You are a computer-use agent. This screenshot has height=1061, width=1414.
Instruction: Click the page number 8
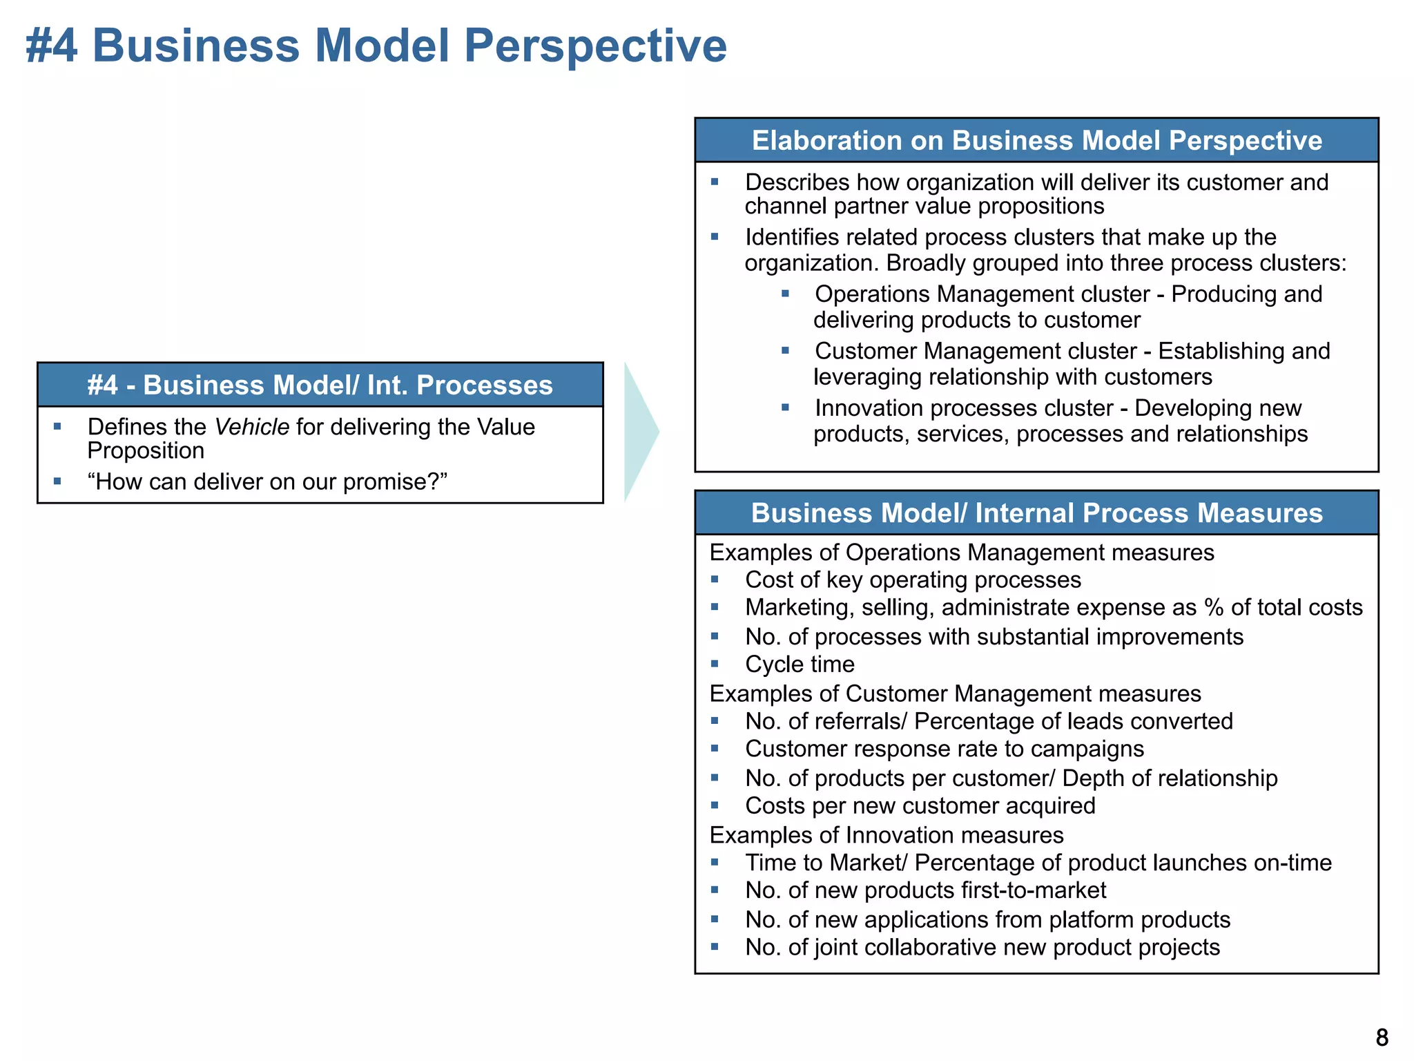1382,1038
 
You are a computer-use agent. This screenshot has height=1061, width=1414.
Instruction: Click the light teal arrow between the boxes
640,432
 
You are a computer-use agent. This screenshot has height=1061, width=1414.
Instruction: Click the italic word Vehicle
251,427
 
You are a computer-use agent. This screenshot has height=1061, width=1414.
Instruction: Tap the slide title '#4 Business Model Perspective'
376,46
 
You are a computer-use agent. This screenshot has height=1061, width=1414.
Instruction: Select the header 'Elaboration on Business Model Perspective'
1036,140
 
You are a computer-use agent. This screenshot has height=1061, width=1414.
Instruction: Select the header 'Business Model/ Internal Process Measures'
1036,513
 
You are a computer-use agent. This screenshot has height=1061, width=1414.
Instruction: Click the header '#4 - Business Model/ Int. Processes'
320,385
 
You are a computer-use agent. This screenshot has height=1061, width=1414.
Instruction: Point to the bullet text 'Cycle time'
800,665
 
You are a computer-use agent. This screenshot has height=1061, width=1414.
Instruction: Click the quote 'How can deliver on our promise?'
268,481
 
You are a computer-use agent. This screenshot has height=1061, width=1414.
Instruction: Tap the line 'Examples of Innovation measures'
887,835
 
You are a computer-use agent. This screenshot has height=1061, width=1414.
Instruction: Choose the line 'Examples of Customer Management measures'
956,694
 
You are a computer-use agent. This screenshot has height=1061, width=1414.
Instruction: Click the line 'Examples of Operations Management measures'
962,553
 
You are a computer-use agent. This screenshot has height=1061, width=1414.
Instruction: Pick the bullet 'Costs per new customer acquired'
920,806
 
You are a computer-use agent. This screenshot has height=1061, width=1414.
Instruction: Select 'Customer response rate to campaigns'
945,749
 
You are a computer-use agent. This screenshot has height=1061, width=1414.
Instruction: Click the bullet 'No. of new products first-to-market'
925,890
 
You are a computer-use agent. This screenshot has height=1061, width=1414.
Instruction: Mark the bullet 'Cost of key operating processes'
913,580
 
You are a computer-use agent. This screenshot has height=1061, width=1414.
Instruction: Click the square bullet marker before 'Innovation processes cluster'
785,408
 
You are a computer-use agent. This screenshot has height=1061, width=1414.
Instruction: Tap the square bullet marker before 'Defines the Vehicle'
57,426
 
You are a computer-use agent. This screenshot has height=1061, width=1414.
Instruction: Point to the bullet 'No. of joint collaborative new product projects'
982,947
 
